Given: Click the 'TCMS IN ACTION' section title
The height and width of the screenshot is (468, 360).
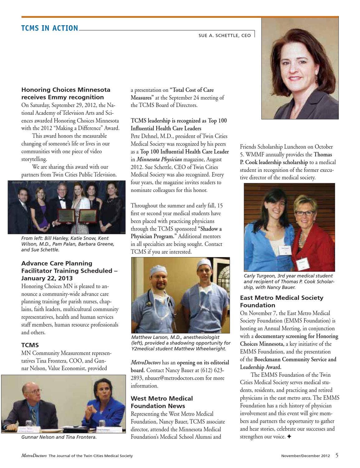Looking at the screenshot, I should tap(50, 28).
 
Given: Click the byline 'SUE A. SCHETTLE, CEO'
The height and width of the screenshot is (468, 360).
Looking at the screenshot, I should tap(224, 36).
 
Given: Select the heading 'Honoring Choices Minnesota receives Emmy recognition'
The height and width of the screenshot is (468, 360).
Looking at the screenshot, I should tap(66, 93).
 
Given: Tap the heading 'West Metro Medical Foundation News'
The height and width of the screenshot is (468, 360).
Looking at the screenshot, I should tap(162, 402).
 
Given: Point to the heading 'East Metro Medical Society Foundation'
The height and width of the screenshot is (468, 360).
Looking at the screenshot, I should tap(281, 301).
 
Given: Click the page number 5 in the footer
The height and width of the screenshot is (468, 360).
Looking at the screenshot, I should tap(337, 455).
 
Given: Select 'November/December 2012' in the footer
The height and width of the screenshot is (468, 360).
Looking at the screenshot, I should tap(305, 456).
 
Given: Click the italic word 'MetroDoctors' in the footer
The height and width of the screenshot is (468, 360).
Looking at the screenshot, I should tap(34, 456).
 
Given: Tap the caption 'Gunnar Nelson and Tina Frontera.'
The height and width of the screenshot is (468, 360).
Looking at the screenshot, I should tap(59, 437).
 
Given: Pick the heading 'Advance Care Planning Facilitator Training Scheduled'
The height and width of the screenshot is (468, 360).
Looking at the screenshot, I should tap(69, 271).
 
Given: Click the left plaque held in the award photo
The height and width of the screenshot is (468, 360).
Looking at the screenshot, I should tap(66, 216).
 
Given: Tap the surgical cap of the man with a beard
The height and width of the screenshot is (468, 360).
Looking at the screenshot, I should tap(158, 269).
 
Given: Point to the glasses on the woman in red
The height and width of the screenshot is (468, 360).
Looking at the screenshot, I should tap(305, 213).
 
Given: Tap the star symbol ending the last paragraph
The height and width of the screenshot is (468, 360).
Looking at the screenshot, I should tap(289, 437).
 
